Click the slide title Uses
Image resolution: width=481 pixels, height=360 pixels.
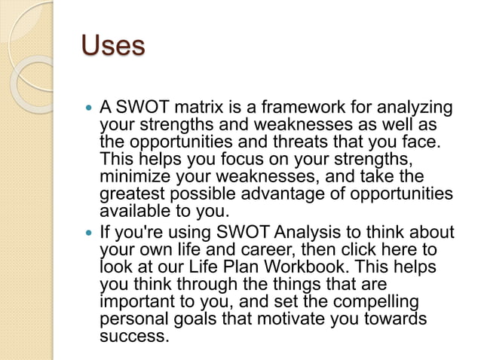click(x=112, y=47)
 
